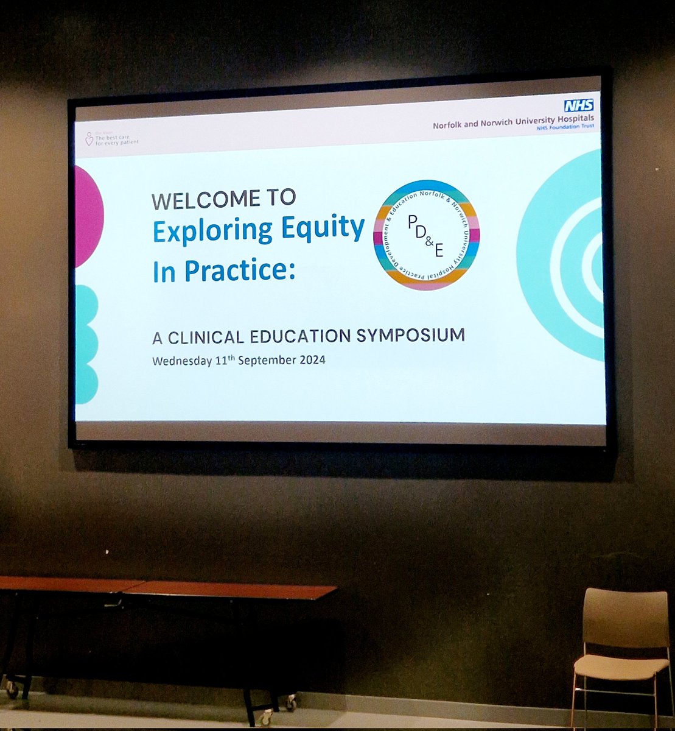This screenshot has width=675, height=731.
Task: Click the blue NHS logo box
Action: coord(578,105)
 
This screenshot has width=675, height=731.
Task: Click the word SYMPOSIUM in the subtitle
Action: coord(418,335)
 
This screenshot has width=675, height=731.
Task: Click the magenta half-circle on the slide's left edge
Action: coord(88,216)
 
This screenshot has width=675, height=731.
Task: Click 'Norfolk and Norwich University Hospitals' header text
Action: coord(513,121)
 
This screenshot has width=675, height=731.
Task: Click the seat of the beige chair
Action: coord(620,666)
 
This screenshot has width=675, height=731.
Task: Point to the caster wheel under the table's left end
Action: coord(12,689)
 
